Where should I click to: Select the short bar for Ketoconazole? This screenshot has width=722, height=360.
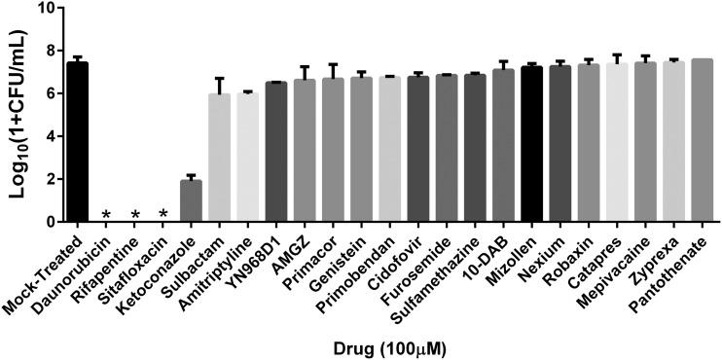[x=192, y=201]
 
